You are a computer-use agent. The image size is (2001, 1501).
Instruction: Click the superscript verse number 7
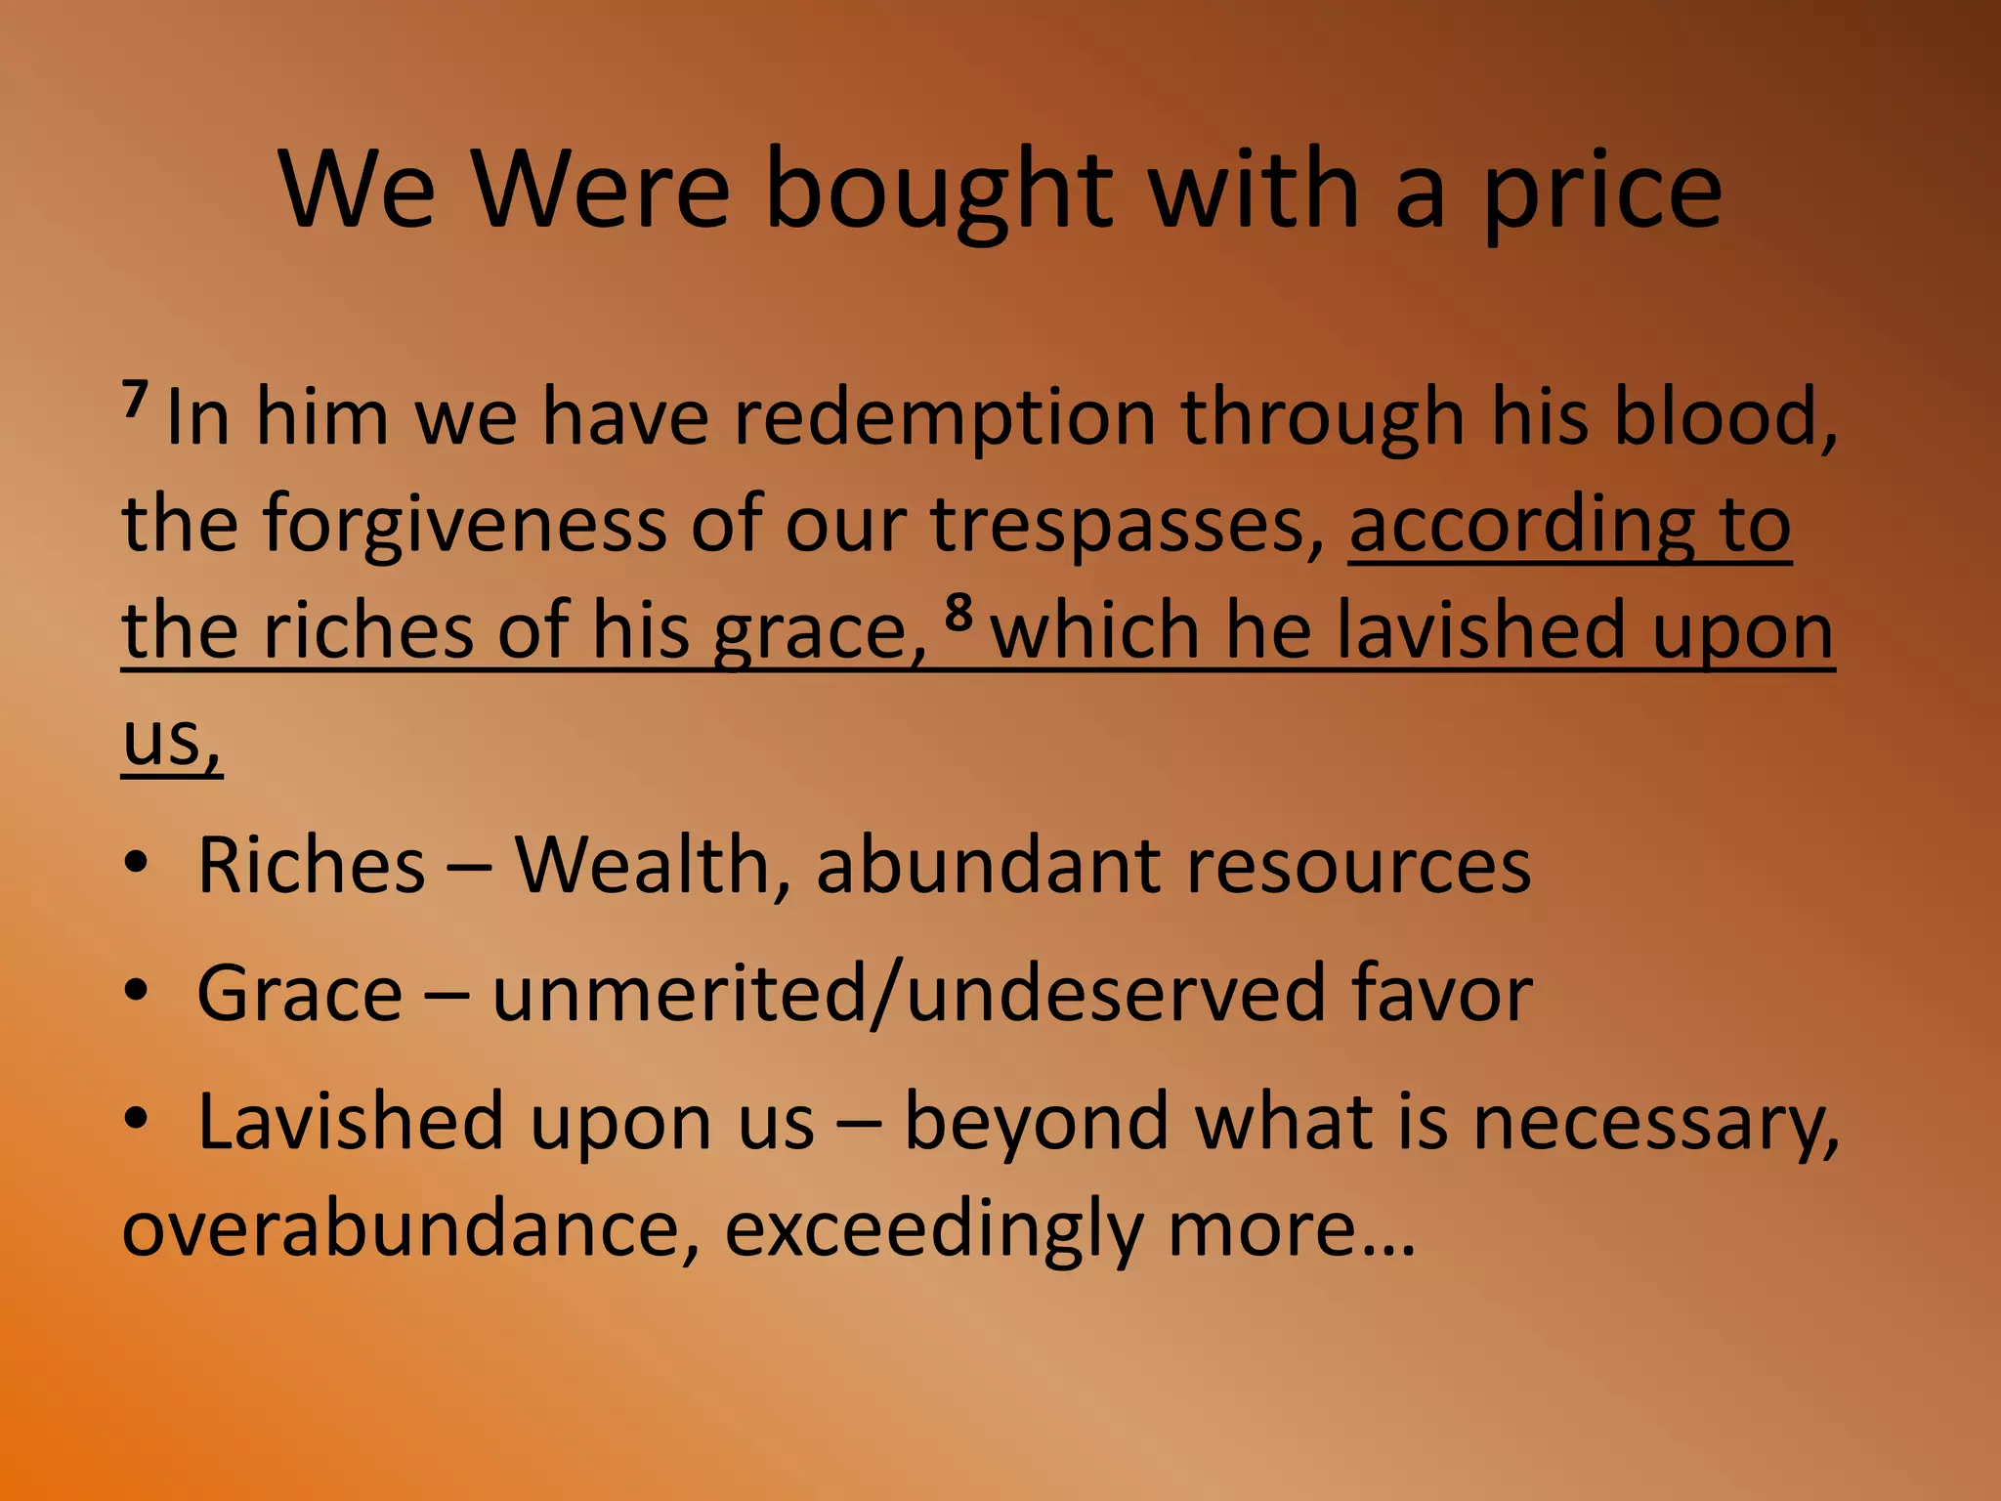(x=135, y=399)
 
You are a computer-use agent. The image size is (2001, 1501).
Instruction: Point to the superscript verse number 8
(x=959, y=613)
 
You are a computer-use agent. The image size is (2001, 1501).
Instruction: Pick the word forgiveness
(x=464, y=526)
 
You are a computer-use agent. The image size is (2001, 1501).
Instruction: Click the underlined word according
(x=1521, y=526)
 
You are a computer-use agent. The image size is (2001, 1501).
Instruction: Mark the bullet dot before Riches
(x=137, y=864)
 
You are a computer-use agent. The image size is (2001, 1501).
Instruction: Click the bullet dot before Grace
(x=137, y=991)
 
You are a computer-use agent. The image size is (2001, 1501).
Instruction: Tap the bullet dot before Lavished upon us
(x=137, y=1118)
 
